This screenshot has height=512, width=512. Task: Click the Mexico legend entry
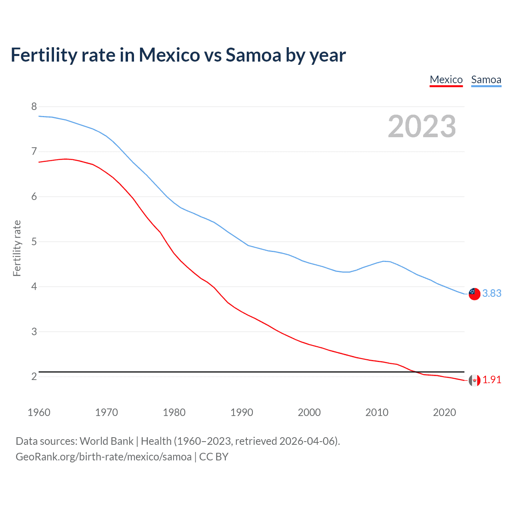pos(446,80)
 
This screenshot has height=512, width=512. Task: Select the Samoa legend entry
pos(486,80)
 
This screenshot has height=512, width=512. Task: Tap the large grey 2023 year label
pos(422,126)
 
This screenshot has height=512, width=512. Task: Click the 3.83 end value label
pos(492,293)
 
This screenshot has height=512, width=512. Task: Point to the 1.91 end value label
pos(492,380)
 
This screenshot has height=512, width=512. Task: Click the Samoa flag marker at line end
pos(474,294)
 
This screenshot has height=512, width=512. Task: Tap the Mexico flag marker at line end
pos(474,380)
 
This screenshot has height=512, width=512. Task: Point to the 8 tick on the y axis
pos(34,106)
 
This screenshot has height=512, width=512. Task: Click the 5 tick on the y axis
pos(34,242)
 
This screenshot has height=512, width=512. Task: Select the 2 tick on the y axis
pos(34,376)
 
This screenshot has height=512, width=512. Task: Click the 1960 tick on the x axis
pos(39,412)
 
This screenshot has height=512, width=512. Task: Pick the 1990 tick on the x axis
pos(242,412)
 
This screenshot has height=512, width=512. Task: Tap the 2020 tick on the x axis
pos(444,412)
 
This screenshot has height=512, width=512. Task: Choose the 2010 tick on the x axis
pos(377,412)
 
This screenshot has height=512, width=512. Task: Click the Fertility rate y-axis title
pos(17,248)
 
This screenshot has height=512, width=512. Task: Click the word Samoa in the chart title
pos(253,55)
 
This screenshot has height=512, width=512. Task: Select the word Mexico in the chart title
pos(169,55)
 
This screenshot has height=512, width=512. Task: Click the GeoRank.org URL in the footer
pos(104,457)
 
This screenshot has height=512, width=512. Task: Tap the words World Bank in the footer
pos(106,441)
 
